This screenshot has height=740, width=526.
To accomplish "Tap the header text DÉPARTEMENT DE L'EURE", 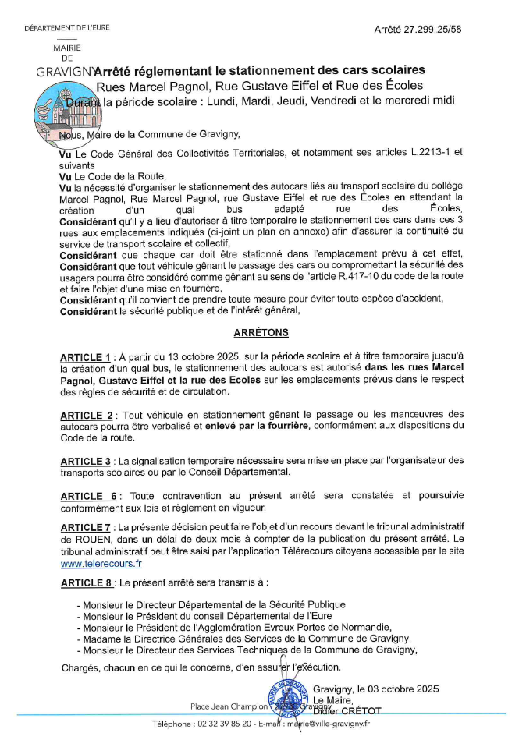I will (67, 29).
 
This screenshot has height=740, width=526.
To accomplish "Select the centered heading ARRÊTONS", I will (261, 332).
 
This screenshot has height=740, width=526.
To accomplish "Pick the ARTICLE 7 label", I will (87, 528).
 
